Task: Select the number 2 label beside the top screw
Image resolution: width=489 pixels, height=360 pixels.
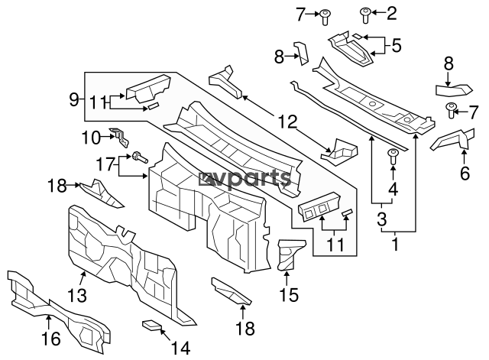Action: pyautogui.click(x=393, y=12)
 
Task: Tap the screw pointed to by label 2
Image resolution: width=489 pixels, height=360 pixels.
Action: pyautogui.click(x=366, y=13)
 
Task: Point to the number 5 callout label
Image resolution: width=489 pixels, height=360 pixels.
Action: pyautogui.click(x=396, y=45)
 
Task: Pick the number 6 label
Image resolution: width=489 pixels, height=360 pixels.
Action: pyautogui.click(x=463, y=174)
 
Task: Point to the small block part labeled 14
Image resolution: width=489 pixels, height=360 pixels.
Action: pyautogui.click(x=154, y=326)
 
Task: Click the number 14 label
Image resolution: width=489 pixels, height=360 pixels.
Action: pyautogui.click(x=180, y=348)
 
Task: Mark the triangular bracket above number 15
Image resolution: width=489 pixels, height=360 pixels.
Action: pyautogui.click(x=291, y=253)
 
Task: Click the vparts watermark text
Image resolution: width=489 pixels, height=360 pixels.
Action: pyautogui.click(x=245, y=178)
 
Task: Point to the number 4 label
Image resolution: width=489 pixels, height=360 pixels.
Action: pyautogui.click(x=393, y=189)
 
